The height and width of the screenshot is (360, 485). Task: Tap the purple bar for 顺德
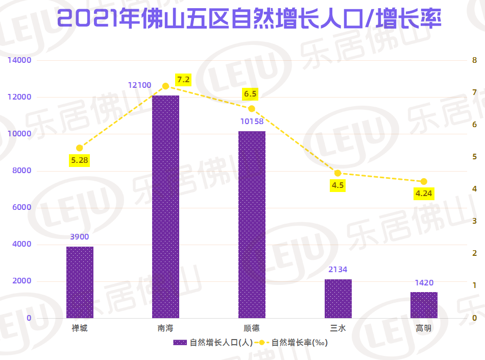point(252,224)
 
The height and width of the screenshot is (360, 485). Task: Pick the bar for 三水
point(338,298)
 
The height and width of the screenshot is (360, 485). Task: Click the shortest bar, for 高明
point(424,305)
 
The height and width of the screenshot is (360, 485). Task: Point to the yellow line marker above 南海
point(165,86)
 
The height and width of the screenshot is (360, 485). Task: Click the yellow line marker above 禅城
point(79,148)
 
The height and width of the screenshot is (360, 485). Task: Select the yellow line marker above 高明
point(424,182)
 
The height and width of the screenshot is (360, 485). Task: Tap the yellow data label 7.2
point(183,80)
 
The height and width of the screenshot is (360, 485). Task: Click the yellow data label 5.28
point(80,161)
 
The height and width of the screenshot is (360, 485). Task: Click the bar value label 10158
point(252,121)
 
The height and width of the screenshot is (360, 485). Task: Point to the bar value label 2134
point(338,269)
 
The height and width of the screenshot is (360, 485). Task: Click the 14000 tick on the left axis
point(19,60)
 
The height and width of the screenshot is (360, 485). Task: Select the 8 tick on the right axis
point(474,60)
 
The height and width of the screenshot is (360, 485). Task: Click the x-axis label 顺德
point(252,328)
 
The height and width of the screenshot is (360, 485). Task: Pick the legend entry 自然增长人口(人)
point(212,343)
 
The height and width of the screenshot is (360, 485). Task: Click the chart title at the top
point(243,20)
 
